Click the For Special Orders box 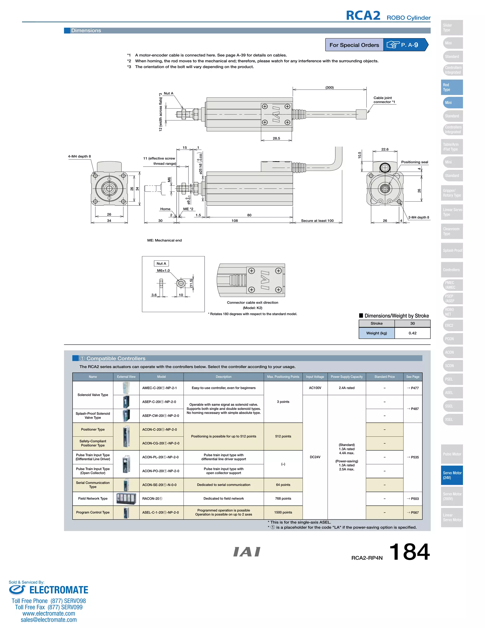pos(354,45)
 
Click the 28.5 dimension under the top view pos(276,138)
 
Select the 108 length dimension pos(234,221)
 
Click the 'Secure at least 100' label pos(317,221)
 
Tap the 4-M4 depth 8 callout pos(79,156)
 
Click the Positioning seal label pos(414,162)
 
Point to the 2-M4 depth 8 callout pos(418,217)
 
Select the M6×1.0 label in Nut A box pos(163,271)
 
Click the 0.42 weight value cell pos(412,333)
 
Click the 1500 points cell pos(283,512)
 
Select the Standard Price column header pos(384,377)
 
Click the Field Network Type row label pos(93,499)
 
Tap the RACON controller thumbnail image pos(126,499)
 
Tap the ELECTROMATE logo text pos(59,590)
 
